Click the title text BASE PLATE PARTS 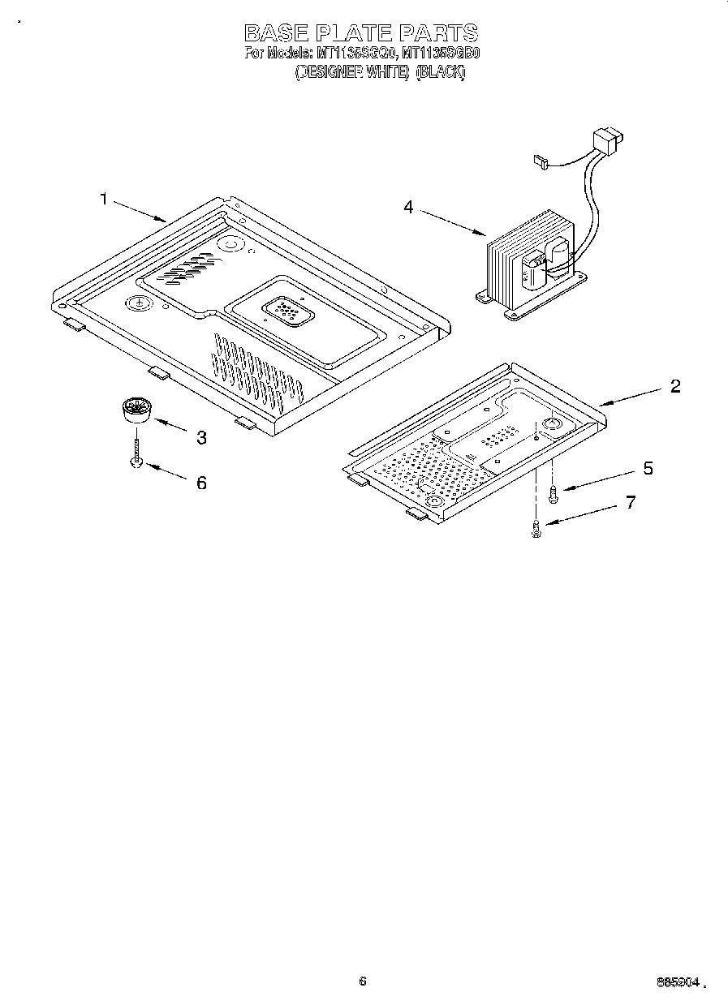[361, 33]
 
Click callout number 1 [104, 199]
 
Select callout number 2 [674, 386]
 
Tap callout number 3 [200, 438]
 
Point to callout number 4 [408, 208]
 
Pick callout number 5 [648, 468]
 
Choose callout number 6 [200, 483]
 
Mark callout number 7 [630, 503]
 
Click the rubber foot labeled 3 [137, 408]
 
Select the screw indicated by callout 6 [137, 454]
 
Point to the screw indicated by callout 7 [536, 530]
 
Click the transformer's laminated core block [508, 264]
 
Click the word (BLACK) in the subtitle [441, 72]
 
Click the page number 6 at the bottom [362, 981]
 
